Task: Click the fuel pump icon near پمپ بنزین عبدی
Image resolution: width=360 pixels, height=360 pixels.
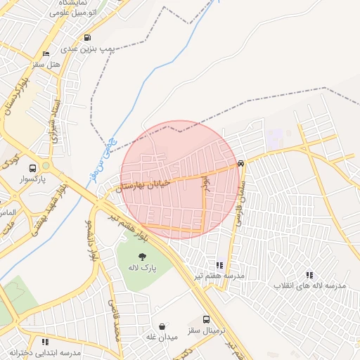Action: (87, 38)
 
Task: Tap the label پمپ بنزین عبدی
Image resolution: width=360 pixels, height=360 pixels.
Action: (86, 50)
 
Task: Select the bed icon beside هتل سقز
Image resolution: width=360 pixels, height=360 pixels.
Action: (46, 54)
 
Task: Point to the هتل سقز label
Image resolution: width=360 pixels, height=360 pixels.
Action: (48, 65)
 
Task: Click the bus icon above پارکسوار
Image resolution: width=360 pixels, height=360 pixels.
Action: (33, 168)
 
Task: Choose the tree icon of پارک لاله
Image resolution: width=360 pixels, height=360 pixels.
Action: (142, 257)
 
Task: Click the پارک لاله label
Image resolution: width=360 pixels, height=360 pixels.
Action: (142, 268)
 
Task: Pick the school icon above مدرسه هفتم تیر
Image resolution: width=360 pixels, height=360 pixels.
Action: (219, 265)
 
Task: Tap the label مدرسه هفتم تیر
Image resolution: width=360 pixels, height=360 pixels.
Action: (220, 276)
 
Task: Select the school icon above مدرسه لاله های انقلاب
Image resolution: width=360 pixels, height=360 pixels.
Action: (309, 275)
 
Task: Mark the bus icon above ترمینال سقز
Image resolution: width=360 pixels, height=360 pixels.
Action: (206, 319)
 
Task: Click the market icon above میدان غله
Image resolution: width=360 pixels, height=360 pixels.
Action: (163, 327)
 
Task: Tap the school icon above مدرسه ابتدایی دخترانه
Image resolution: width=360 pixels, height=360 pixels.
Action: (45, 342)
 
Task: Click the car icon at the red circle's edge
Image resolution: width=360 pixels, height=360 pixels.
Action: (241, 163)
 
